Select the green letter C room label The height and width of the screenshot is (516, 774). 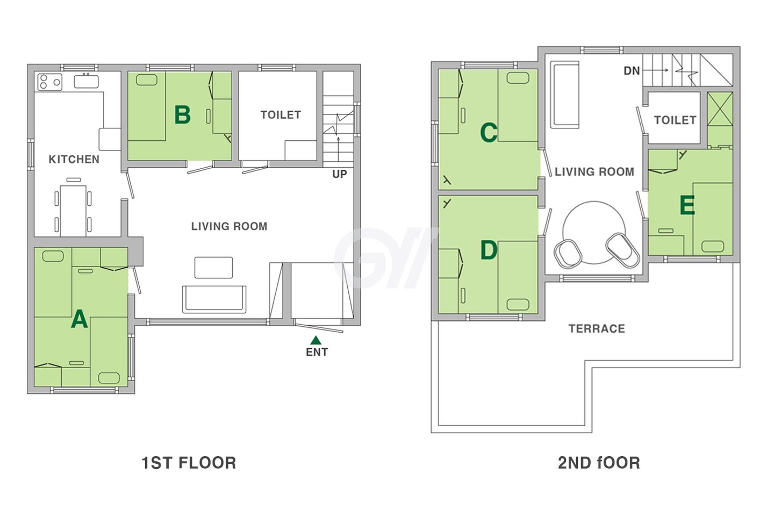[x=489, y=132]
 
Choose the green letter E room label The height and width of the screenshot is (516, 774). [x=687, y=205]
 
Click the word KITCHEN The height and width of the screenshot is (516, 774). [x=74, y=159]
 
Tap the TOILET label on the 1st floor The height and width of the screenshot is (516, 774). [x=281, y=114]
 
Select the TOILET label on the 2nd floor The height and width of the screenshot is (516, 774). [x=675, y=120]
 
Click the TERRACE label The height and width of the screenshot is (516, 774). [x=597, y=328]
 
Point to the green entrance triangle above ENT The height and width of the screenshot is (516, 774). [x=316, y=341]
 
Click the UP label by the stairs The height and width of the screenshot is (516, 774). [x=339, y=174]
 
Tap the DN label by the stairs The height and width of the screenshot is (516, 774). [x=632, y=71]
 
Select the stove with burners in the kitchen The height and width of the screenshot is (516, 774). [x=50, y=82]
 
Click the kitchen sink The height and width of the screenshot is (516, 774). [x=86, y=81]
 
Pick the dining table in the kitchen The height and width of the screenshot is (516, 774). [x=73, y=211]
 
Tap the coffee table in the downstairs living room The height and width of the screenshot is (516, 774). [x=213, y=268]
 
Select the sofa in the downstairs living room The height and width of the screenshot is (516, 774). [x=214, y=299]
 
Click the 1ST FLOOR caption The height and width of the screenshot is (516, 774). [x=189, y=463]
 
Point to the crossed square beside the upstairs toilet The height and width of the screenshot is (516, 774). [x=720, y=109]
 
